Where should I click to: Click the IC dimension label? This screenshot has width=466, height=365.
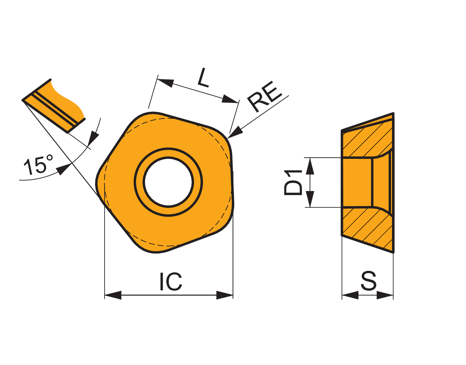click(171, 281)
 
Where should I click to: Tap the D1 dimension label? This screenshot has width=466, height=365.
click(293, 183)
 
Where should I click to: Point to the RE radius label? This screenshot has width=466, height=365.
click(264, 97)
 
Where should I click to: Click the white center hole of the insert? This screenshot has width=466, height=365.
click(168, 182)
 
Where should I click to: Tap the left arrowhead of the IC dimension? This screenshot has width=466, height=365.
click(113, 295)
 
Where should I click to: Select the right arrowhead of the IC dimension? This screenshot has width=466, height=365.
click(225, 295)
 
